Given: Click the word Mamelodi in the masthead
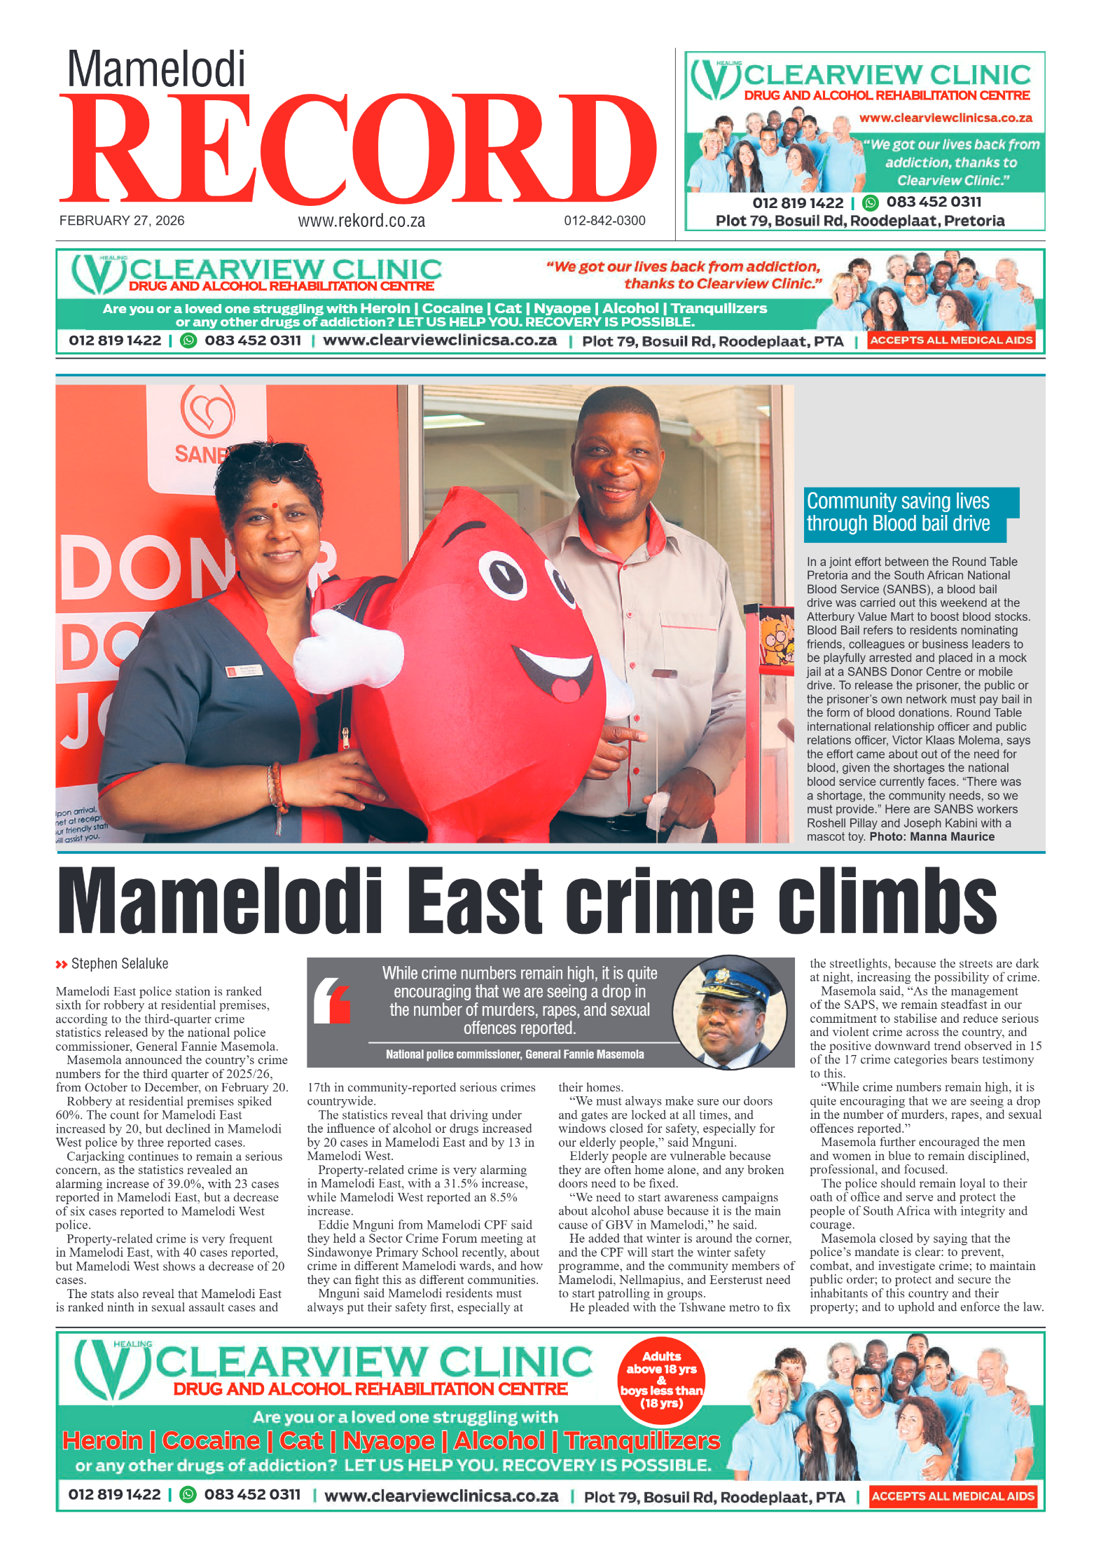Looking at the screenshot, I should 156,70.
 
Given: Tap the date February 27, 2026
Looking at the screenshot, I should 122,221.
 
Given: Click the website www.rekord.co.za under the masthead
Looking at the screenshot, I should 361,221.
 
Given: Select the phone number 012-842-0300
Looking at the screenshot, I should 604,221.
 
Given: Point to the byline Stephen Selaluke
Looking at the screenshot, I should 119,964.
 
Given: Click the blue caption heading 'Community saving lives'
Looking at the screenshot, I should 898,502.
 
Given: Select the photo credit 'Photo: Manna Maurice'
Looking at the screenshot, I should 932,836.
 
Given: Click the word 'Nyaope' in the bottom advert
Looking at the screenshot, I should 389,1441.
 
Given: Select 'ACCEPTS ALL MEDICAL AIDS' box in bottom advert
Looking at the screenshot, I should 953,1496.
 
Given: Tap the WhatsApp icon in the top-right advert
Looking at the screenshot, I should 870,203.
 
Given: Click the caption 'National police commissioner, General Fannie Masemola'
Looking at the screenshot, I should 514,1054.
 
